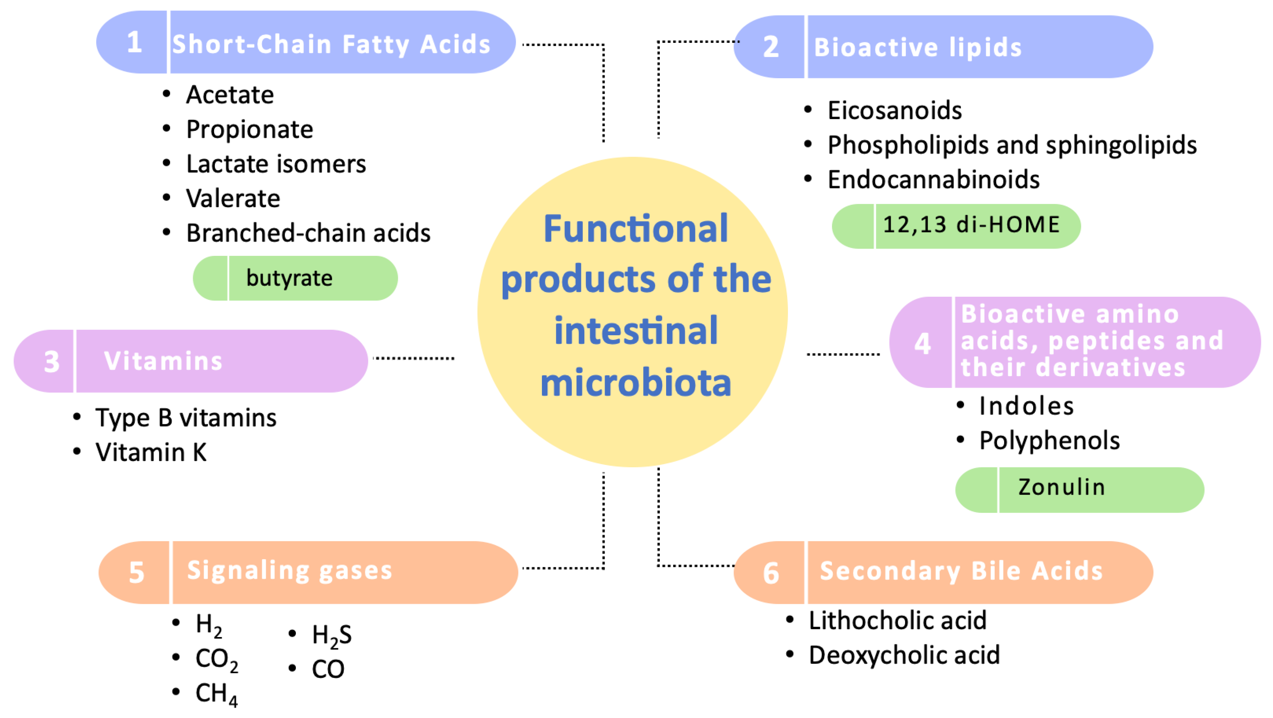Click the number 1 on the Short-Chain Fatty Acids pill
[134, 42]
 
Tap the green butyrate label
[290, 278]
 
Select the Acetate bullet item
[230, 95]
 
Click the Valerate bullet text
[233, 199]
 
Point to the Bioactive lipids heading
[917, 48]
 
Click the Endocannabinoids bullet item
[933, 180]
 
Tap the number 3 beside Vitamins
[51, 362]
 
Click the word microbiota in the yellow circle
[635, 383]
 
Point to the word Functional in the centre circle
[635, 229]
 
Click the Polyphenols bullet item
[1049, 441]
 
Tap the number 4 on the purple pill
[922, 343]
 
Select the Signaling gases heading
[290, 571]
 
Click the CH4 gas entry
[216, 694]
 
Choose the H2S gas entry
[331, 635]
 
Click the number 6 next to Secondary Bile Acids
[771, 573]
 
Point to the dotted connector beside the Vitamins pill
[413, 358]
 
